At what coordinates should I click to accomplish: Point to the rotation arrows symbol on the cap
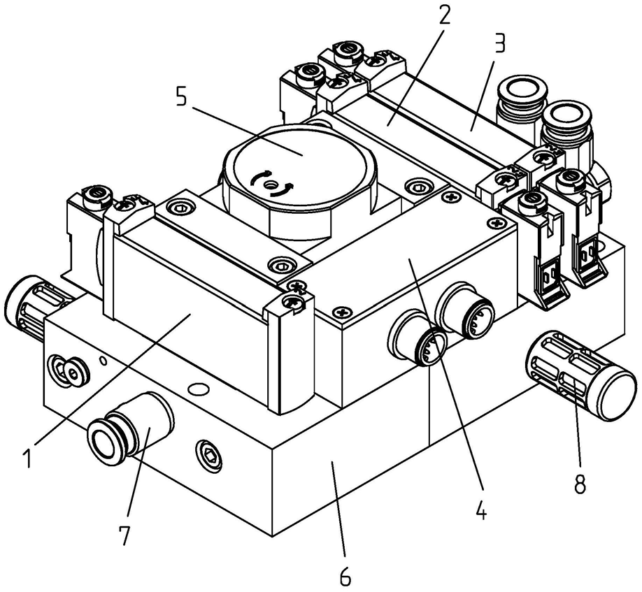(273, 184)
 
